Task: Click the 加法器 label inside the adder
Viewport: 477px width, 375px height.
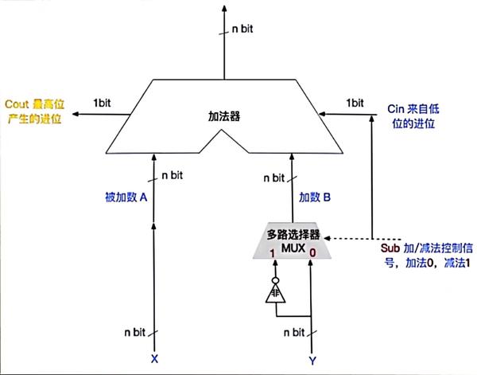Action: pyautogui.click(x=223, y=115)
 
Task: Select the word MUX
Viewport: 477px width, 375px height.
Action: pyautogui.click(x=293, y=248)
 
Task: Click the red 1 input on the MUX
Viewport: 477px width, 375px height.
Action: pyautogui.click(x=273, y=253)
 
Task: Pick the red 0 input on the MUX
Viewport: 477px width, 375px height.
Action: pyautogui.click(x=312, y=253)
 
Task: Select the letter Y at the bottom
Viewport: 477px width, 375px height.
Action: pyautogui.click(x=311, y=359)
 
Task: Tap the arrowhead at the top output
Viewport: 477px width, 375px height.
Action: pyautogui.click(x=224, y=8)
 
